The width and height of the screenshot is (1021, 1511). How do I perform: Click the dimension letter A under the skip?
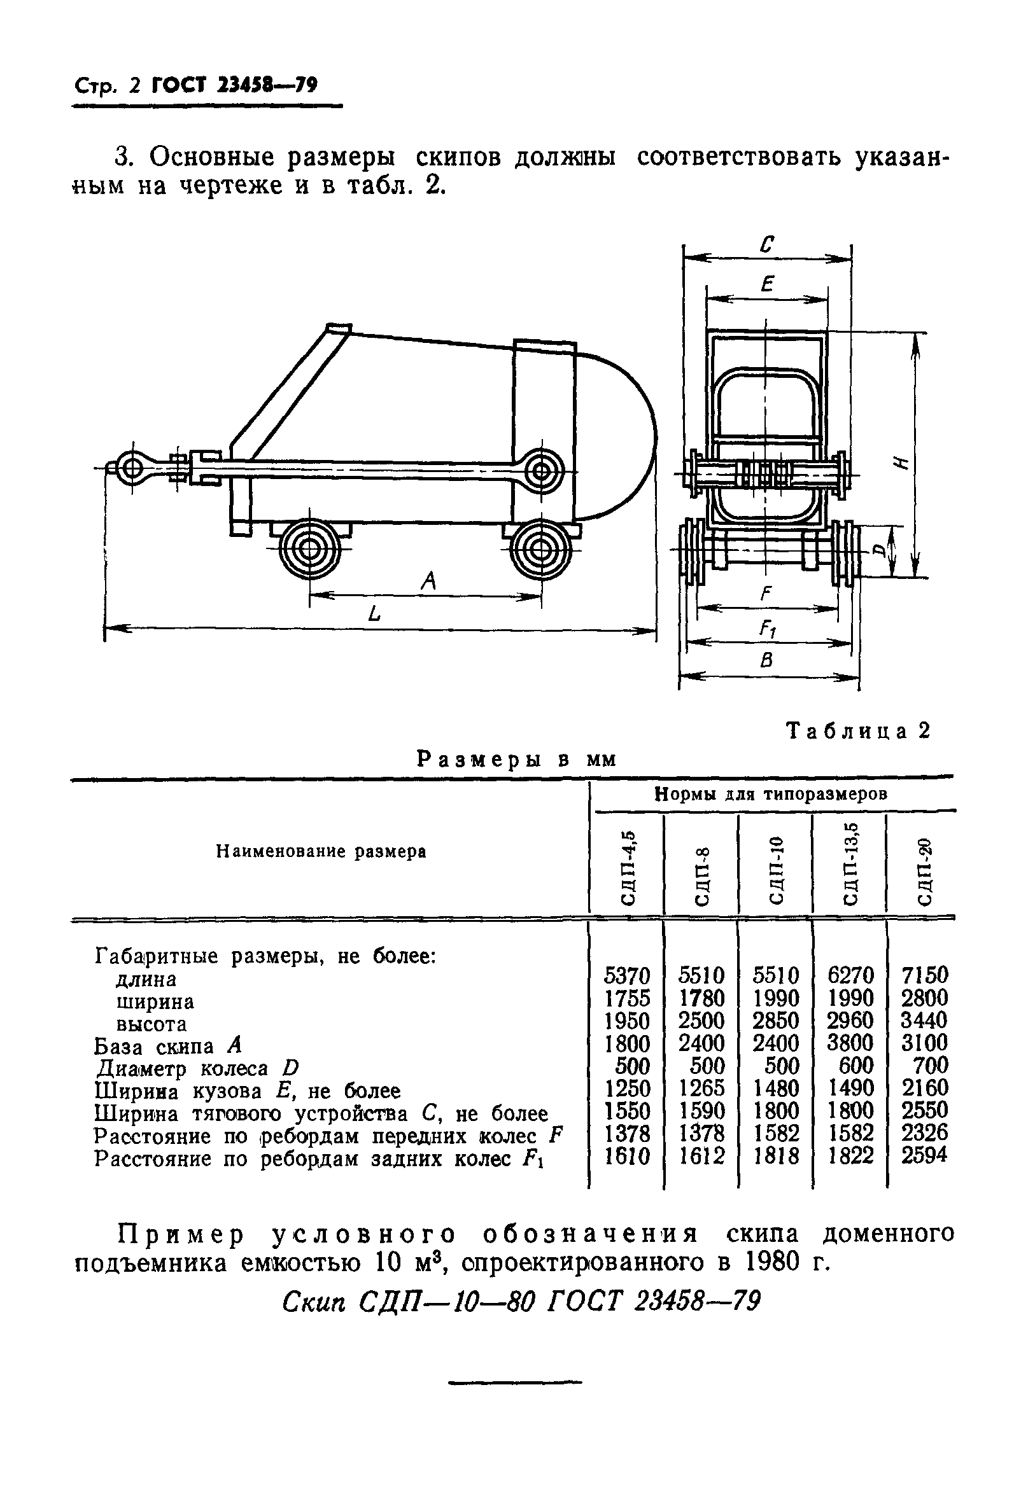pyautogui.click(x=428, y=581)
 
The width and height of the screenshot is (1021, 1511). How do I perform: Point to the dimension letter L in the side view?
pyautogui.click(x=374, y=613)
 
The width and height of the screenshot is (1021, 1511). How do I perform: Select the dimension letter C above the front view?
pyautogui.click(x=768, y=245)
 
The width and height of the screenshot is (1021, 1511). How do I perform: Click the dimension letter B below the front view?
pyautogui.click(x=767, y=661)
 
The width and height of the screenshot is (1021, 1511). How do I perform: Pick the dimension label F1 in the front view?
pyautogui.click(x=768, y=628)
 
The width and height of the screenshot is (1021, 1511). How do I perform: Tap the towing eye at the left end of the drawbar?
pyautogui.click(x=132, y=468)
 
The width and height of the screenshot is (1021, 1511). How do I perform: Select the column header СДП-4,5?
pyautogui.click(x=628, y=864)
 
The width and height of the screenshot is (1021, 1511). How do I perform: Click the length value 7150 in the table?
pyautogui.click(x=925, y=975)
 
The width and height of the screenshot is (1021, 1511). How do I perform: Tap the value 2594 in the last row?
pyautogui.click(x=925, y=1155)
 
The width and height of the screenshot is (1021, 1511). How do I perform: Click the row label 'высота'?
pyautogui.click(x=151, y=1024)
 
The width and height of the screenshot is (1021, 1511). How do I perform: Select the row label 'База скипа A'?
pyautogui.click(x=168, y=1046)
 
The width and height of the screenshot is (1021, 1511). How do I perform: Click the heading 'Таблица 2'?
pyautogui.click(x=859, y=732)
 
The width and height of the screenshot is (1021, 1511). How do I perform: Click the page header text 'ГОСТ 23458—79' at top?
pyautogui.click(x=234, y=85)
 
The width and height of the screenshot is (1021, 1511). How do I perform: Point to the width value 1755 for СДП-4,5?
pyautogui.click(x=627, y=998)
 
